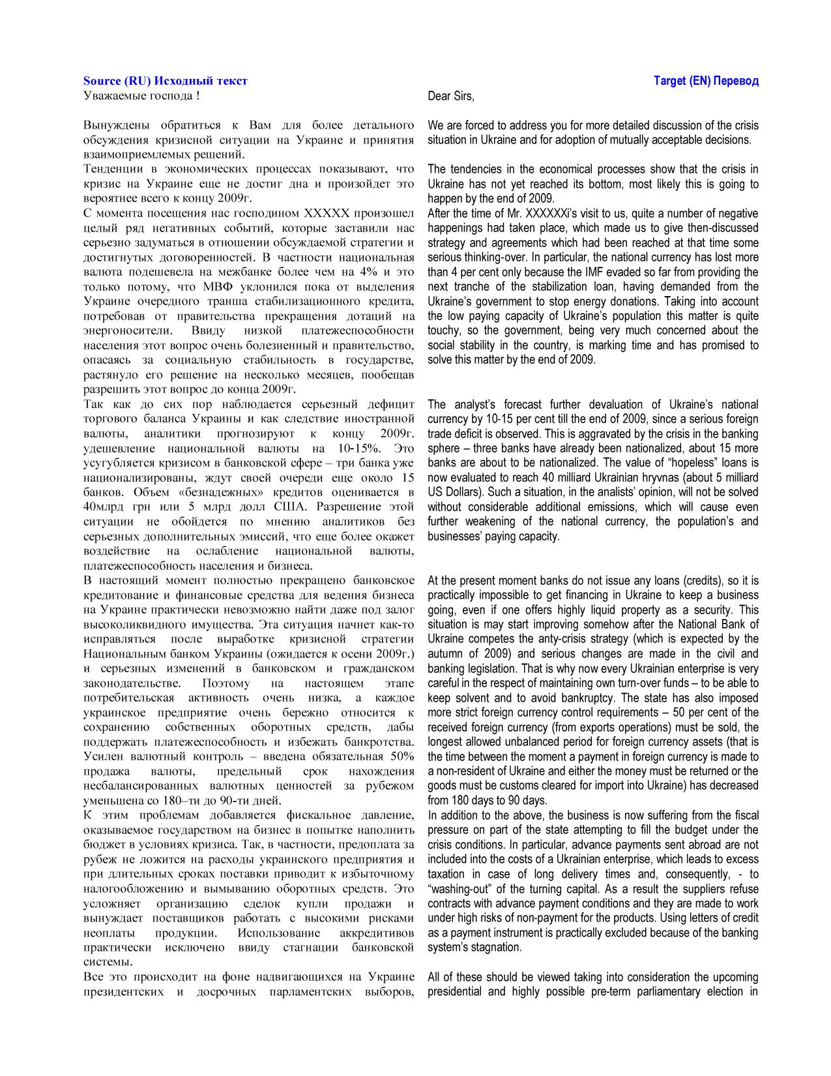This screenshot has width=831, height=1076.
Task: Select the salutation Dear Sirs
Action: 450,97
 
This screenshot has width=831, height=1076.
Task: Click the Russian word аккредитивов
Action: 378,933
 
